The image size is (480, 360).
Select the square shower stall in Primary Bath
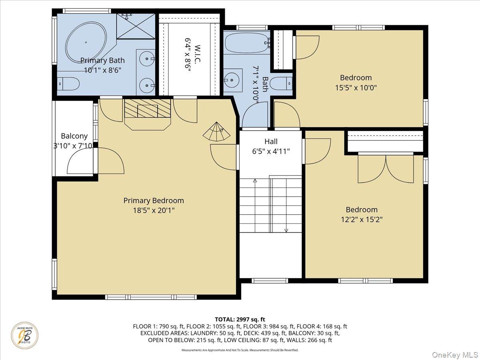pyautogui.click(x=136, y=26)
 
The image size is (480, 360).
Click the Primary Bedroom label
pyautogui.click(x=154, y=201)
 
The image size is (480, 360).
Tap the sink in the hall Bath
pyautogui.click(x=232, y=80)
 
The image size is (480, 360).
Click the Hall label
pyautogui.click(x=271, y=142)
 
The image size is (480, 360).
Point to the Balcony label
pyautogui.click(x=74, y=136)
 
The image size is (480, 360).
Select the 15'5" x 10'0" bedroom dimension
pyautogui.click(x=356, y=87)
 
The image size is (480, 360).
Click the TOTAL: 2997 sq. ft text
pyautogui.click(x=240, y=319)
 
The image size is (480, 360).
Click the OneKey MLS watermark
pyautogui.click(x=456, y=354)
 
